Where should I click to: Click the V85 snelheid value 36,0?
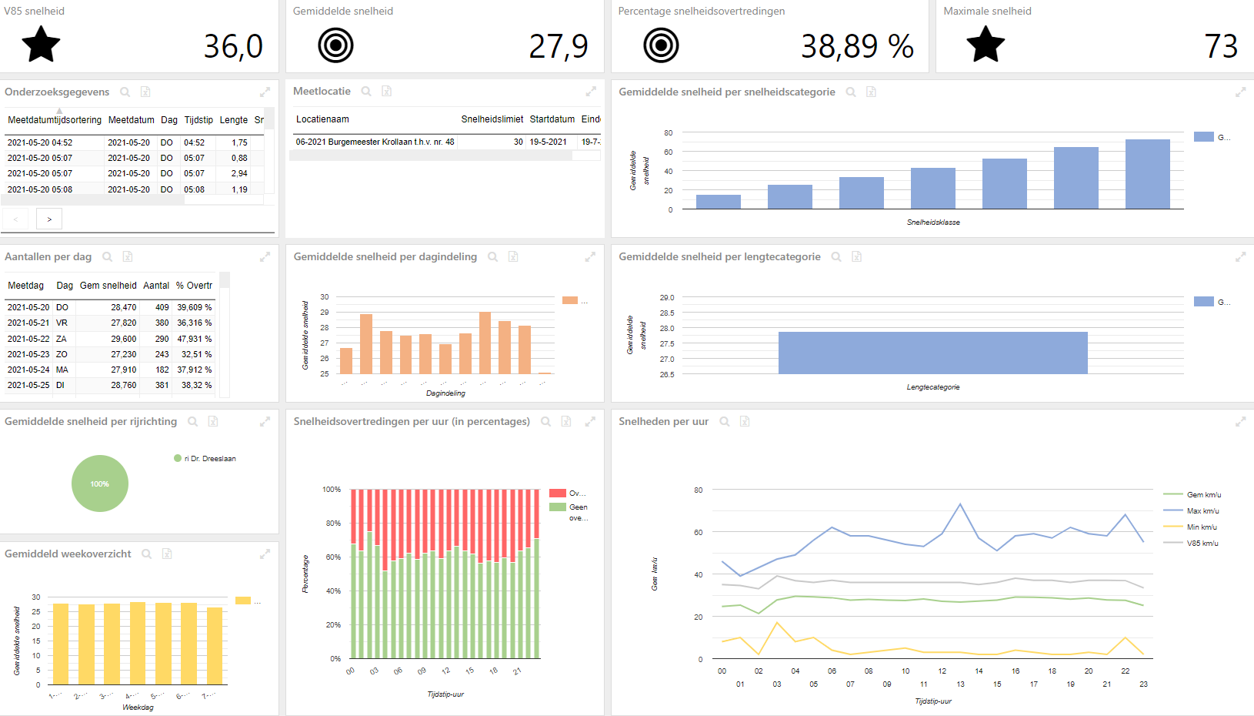point(233,46)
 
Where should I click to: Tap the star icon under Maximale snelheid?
point(986,45)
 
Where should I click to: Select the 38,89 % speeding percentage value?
point(857,46)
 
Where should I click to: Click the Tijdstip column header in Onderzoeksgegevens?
point(198,120)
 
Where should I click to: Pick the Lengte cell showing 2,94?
point(239,173)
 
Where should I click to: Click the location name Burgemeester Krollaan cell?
point(375,142)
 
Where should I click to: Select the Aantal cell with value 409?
point(162,307)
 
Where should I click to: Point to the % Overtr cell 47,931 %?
point(194,339)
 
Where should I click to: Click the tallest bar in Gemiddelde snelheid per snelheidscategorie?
point(1147,174)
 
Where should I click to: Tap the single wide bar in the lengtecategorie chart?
point(932,353)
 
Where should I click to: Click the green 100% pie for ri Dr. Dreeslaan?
point(100,483)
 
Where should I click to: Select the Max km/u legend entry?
point(1202,511)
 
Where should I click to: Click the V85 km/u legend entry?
point(1202,544)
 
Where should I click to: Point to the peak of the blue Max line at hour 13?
point(960,504)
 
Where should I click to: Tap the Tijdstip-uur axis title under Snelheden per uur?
point(933,701)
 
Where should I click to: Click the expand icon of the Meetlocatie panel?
point(591,92)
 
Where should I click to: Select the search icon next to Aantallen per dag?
point(108,257)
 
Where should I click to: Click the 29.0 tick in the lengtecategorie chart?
point(666,297)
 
